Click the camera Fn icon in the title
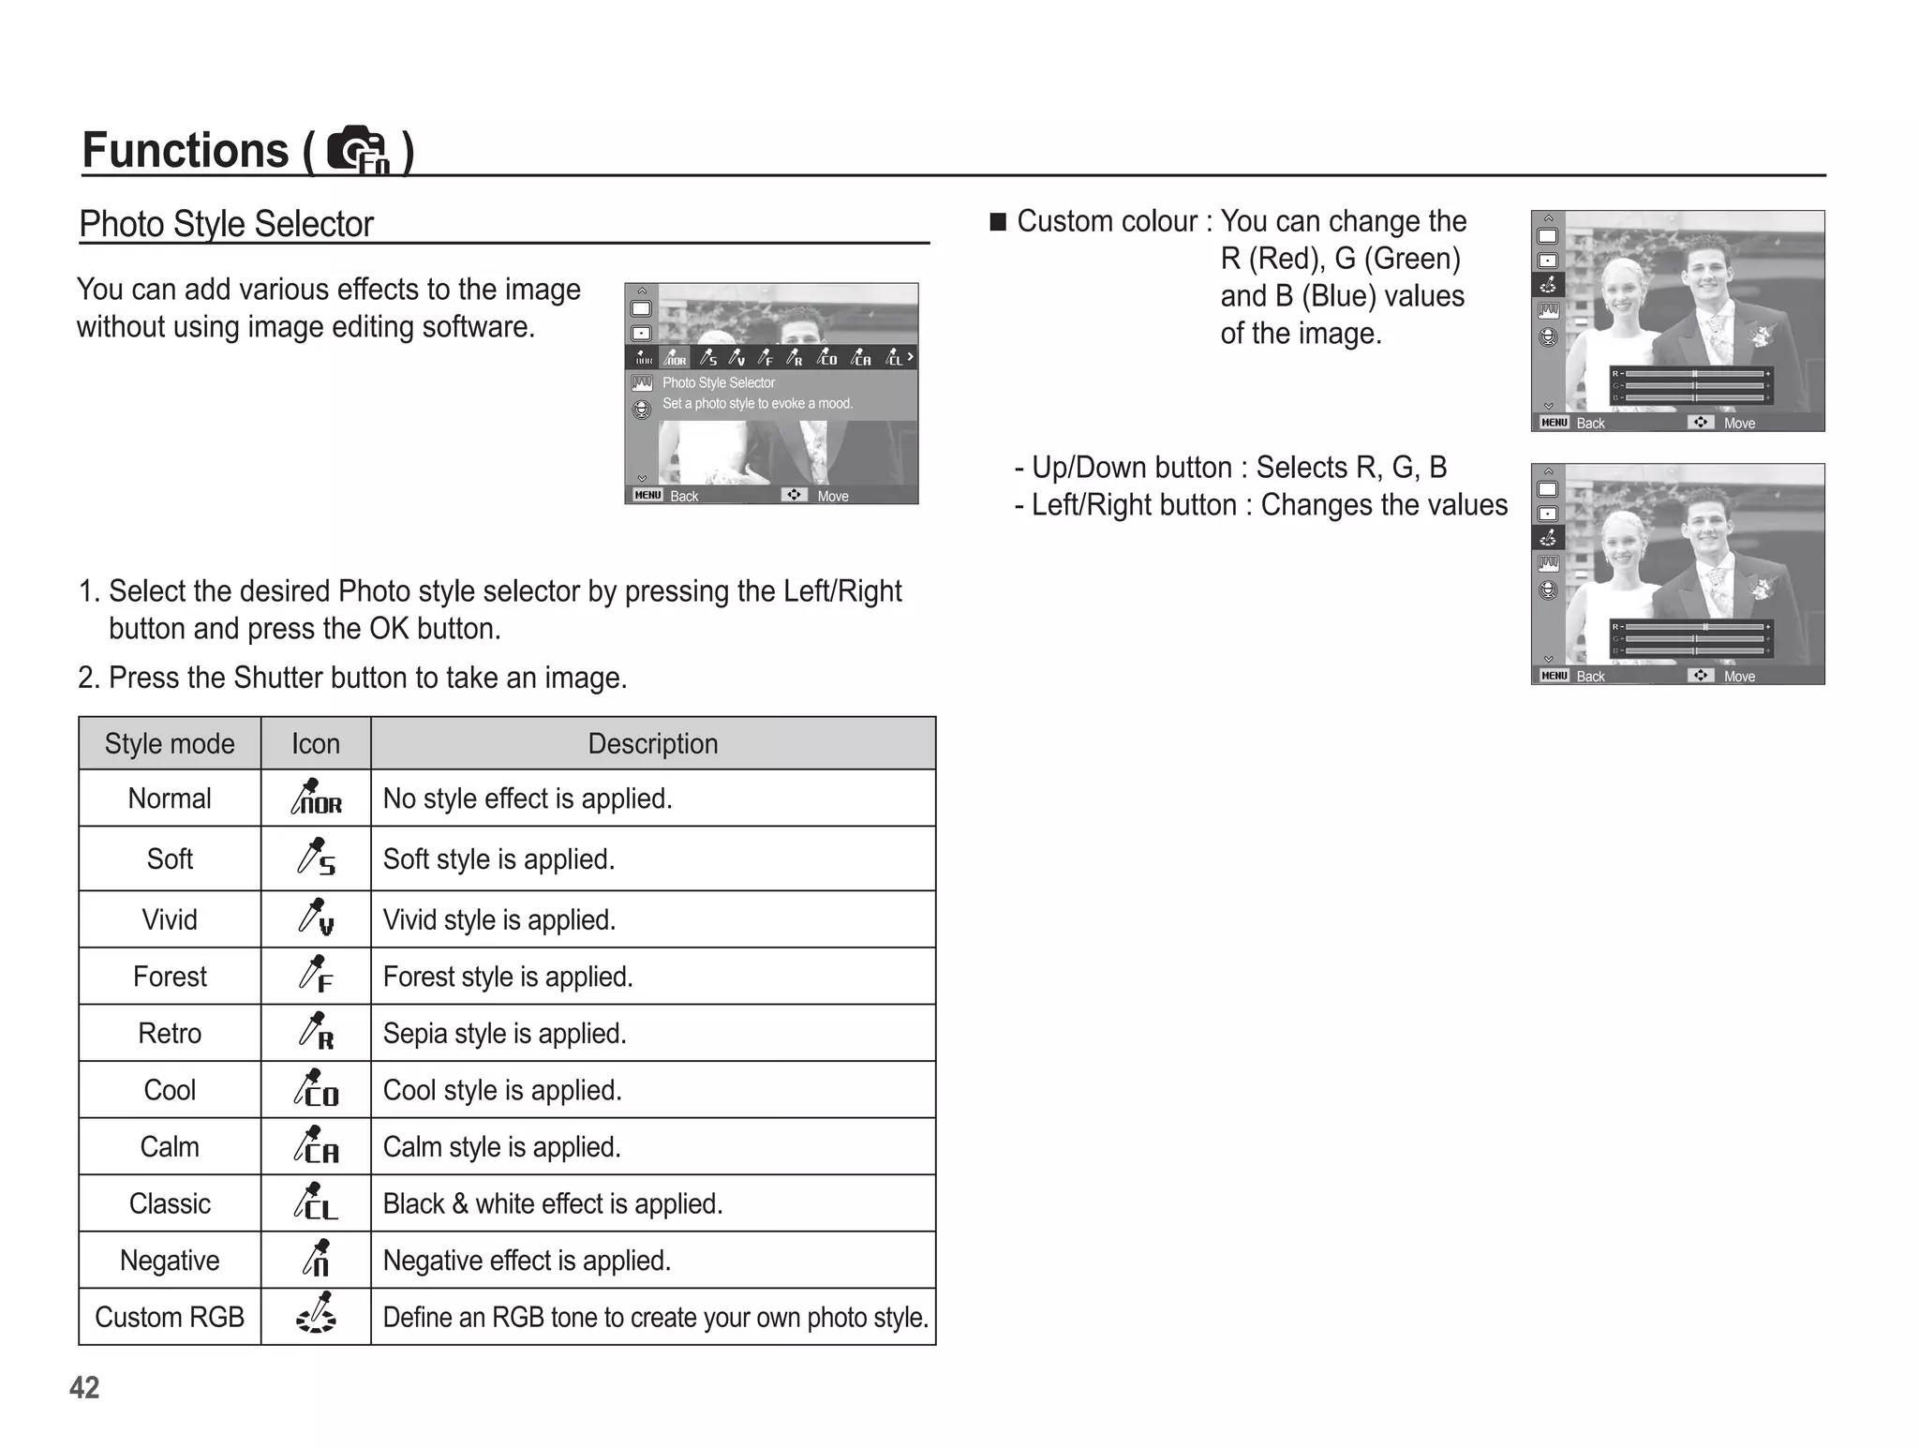pos(358,150)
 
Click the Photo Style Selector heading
pos(226,225)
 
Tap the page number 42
pos(84,1387)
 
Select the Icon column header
pos(316,744)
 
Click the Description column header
pos(653,744)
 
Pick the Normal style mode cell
pos(170,799)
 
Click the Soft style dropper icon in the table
pos(316,858)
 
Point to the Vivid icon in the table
pos(316,917)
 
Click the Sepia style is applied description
pos(504,1034)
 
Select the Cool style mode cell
pos(170,1090)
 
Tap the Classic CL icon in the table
pos(316,1202)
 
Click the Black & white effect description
pos(553,1204)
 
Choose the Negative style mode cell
pos(170,1261)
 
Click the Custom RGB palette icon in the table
pos(316,1314)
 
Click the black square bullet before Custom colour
pos(998,222)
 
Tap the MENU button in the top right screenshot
pos(1555,423)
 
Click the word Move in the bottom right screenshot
pos(1739,677)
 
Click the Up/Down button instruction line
pos(1230,468)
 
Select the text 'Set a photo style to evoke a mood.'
pos(757,404)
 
